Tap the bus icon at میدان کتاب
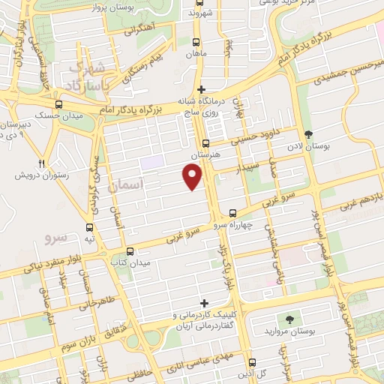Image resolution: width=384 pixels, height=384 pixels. tap(131, 252)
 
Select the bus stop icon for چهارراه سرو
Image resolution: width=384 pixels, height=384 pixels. tap(233, 212)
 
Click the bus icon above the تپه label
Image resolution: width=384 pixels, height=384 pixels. tap(90, 227)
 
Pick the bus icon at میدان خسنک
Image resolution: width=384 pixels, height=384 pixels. tap(58, 105)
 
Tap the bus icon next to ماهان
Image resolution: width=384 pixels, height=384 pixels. tap(196, 43)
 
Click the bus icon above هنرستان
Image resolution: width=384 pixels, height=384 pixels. tap(206, 142)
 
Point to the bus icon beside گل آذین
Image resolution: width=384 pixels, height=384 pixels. tap(252, 373)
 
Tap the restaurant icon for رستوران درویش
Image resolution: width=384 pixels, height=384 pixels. tap(43, 163)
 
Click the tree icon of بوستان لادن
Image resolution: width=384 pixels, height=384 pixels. tap(310, 135)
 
